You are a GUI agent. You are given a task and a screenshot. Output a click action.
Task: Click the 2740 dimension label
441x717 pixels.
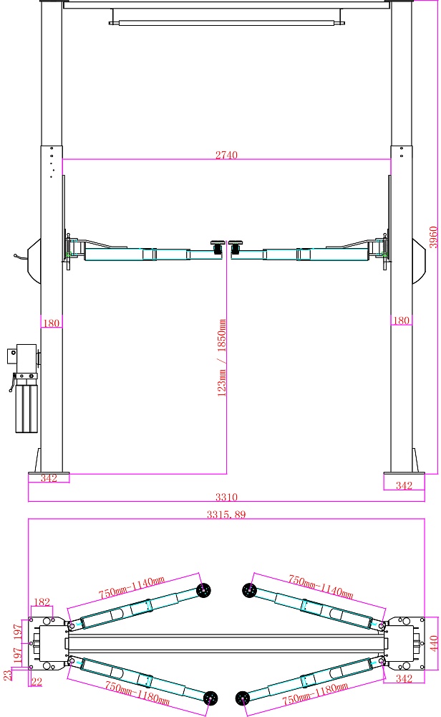coord(226,155)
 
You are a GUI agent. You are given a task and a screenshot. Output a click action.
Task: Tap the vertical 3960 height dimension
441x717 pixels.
coord(433,237)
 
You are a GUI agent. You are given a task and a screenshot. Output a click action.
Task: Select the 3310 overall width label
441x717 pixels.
coord(226,497)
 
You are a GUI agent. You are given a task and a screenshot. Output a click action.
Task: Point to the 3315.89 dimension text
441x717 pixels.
coord(226,514)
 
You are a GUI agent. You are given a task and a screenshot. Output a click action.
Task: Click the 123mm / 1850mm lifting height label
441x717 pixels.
coord(221,358)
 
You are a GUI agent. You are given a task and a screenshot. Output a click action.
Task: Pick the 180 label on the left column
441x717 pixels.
coord(51,323)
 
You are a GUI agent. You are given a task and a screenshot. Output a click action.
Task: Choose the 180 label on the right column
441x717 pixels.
coord(402,320)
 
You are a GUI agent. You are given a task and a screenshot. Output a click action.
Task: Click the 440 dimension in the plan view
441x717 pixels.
coord(434,642)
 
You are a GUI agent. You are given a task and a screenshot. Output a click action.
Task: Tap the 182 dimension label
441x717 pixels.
coord(42,602)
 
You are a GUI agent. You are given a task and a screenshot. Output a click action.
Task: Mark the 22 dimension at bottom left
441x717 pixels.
coord(37,681)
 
